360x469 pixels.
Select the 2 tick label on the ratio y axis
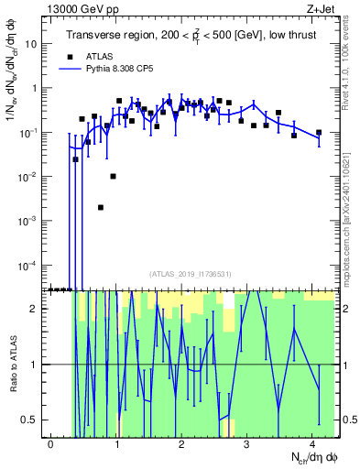tap(36, 308)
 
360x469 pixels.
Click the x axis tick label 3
tap(247, 443)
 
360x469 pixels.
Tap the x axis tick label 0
tap(50, 443)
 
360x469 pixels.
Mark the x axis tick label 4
tap(313, 443)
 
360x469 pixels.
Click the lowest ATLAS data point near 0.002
tap(101, 207)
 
